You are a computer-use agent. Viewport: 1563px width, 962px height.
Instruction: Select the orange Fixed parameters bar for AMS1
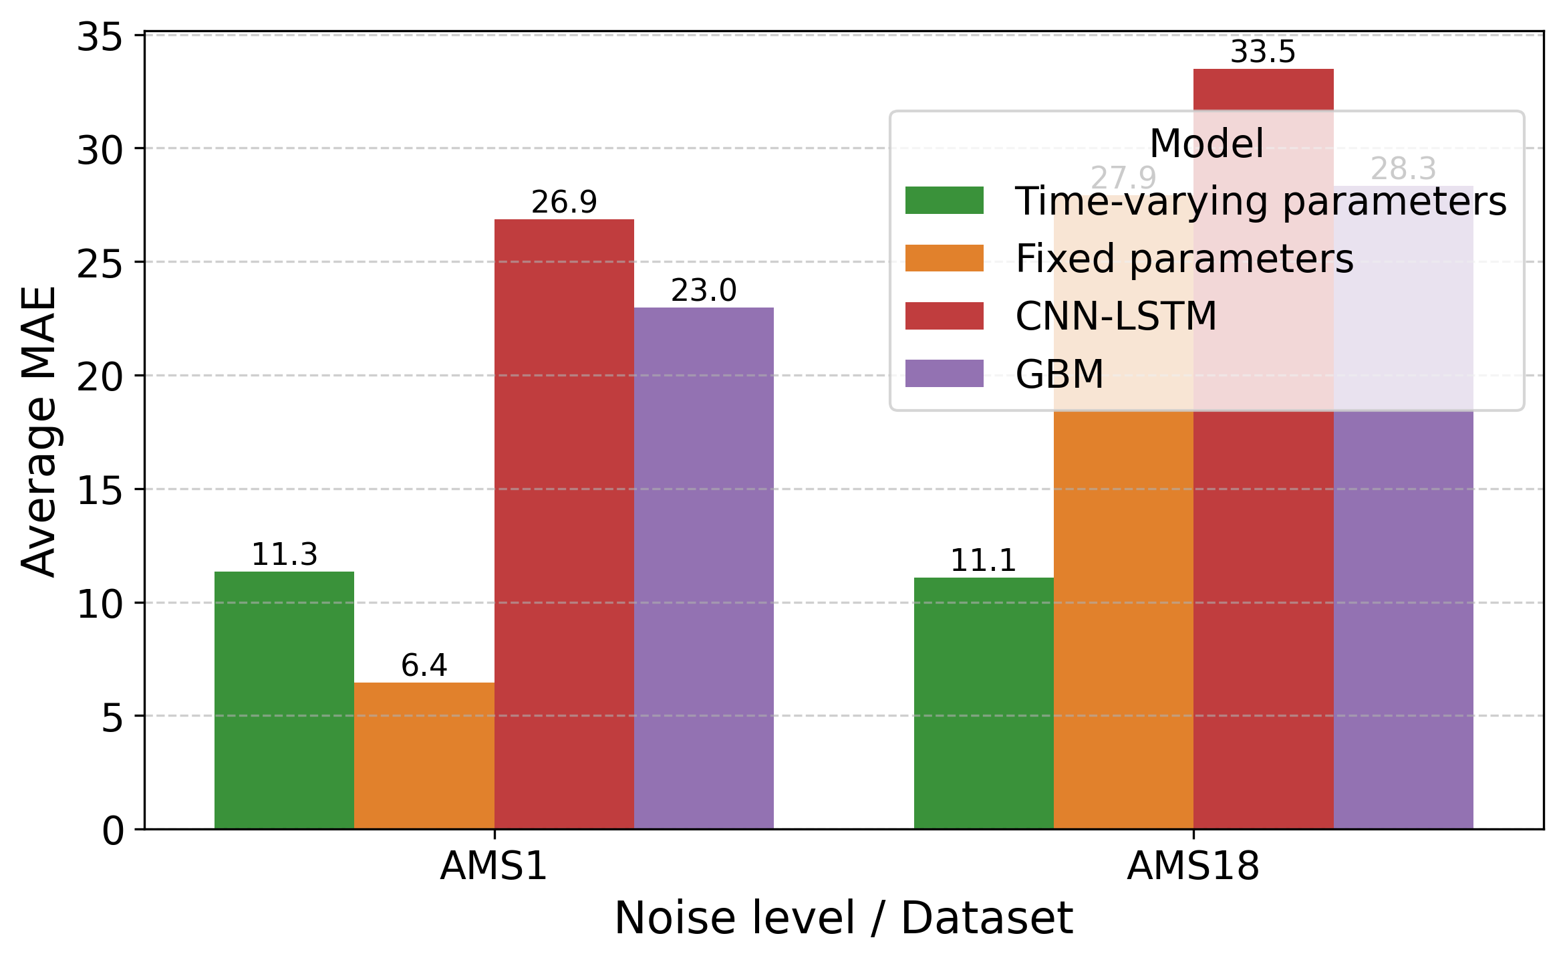click(424, 755)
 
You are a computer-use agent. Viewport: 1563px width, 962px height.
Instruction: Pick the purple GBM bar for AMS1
click(704, 568)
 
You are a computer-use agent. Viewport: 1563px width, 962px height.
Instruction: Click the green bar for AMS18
click(983, 703)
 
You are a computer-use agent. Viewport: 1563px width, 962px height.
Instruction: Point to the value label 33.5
click(1262, 52)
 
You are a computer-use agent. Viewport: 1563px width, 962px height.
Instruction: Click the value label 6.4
click(424, 665)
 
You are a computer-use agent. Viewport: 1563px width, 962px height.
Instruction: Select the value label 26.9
click(564, 202)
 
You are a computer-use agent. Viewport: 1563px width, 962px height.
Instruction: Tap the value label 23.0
click(704, 291)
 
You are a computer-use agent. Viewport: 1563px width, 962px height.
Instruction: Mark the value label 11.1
click(983, 560)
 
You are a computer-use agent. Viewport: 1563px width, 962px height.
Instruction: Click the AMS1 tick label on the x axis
click(494, 866)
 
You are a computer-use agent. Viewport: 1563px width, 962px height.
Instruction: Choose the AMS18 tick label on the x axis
click(1193, 866)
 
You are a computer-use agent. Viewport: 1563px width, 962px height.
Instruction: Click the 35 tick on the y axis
click(100, 37)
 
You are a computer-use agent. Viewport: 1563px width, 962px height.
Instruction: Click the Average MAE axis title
click(39, 431)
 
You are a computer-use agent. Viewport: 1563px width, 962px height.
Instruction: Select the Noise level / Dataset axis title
click(843, 919)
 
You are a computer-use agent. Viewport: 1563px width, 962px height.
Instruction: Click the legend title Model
click(1206, 144)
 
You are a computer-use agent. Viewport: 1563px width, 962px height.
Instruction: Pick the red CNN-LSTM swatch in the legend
click(944, 316)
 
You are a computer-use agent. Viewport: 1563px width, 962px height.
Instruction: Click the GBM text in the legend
click(1059, 374)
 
